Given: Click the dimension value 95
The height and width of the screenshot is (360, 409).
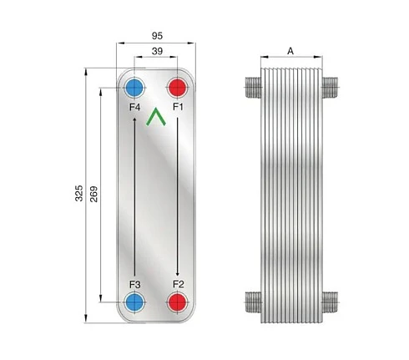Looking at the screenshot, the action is (x=157, y=36).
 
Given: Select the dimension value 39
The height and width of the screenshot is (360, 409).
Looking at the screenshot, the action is (x=157, y=51).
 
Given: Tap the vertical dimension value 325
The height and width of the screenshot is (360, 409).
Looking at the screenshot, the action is (x=79, y=193).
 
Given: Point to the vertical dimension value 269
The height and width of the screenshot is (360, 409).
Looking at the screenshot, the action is (x=93, y=194).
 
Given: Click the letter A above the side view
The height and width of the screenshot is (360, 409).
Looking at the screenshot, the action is (x=290, y=51).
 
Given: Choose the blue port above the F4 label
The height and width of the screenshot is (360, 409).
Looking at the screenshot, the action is (x=134, y=88).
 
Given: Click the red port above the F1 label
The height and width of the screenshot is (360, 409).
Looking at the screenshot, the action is (x=178, y=88).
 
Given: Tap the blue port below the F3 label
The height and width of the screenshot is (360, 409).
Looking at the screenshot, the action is (x=134, y=302).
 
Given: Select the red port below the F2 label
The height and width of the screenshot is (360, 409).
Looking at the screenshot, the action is (x=178, y=302).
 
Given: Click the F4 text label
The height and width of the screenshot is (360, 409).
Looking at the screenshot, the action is (x=134, y=107).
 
